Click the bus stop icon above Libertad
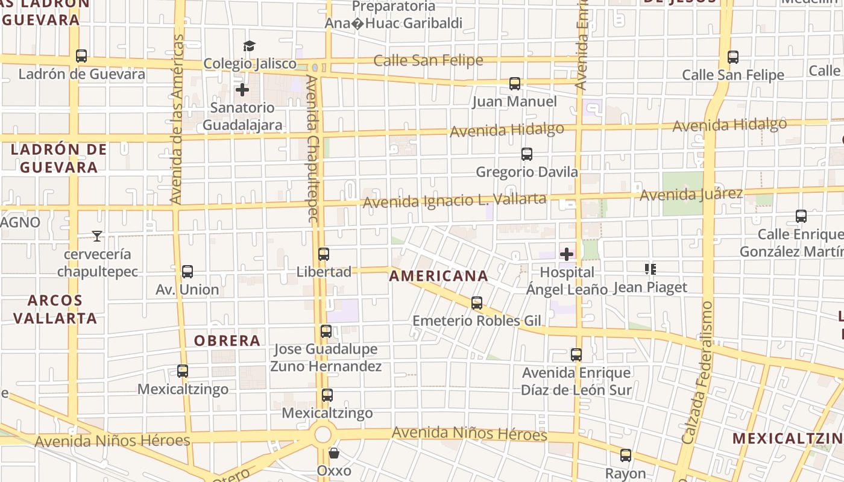[324, 254]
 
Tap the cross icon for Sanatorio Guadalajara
[242, 90]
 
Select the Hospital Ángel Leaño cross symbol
[567, 254]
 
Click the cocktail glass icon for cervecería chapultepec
[97, 236]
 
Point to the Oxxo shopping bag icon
[334, 452]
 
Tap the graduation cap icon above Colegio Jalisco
[249, 46]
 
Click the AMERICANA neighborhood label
[438, 276]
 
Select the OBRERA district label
[227, 340]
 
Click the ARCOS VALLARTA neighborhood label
[55, 309]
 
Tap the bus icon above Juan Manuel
[515, 84]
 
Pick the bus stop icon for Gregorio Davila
[527, 154]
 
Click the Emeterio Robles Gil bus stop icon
[477, 303]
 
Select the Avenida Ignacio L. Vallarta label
[455, 200]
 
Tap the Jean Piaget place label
[650, 287]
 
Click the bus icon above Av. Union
[187, 272]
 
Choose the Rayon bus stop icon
[626, 455]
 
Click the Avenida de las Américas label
[176, 119]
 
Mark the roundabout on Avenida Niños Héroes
[324, 434]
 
